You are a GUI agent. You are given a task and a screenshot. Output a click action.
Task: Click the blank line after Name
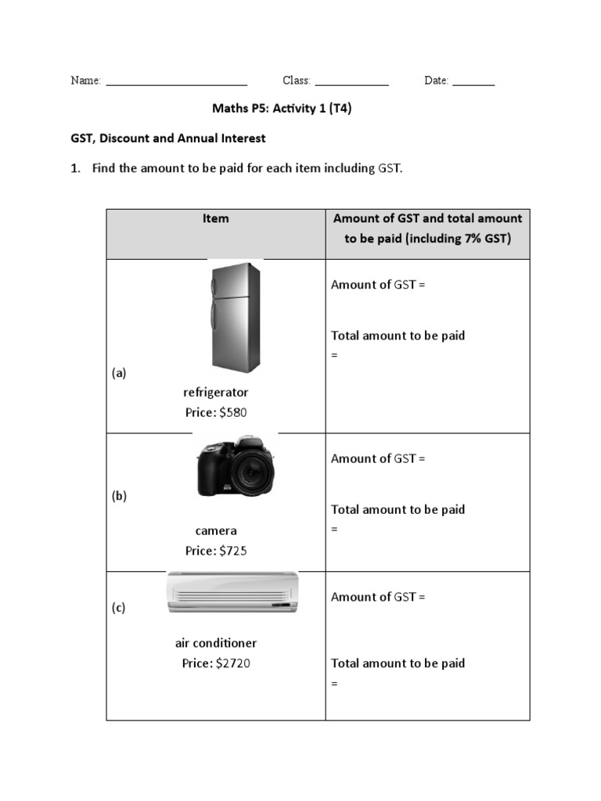(176, 82)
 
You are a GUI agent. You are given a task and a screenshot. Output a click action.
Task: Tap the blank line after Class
(351, 82)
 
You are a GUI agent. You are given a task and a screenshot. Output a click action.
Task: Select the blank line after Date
(473, 82)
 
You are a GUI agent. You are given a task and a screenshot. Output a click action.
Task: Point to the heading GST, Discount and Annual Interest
(168, 138)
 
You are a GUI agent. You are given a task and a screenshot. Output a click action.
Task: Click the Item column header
(216, 219)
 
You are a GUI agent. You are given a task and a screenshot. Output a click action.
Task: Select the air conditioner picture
(232, 592)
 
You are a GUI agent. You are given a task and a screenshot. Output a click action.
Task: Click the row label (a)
(119, 373)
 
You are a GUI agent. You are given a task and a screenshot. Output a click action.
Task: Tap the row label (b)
(119, 495)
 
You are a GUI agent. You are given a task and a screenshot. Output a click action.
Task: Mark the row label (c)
(118, 608)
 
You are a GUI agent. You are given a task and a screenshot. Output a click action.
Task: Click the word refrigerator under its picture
(215, 392)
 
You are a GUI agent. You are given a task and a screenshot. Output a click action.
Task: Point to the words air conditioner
(216, 643)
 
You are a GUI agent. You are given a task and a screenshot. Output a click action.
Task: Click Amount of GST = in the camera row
(378, 458)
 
